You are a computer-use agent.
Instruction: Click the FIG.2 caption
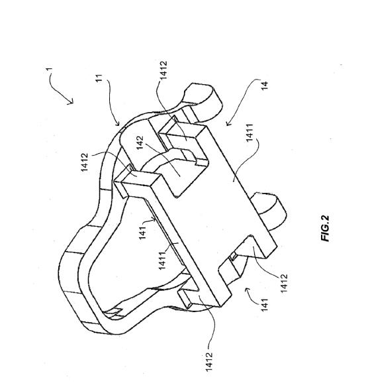coord(325,229)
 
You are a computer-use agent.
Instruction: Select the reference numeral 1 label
coord(49,70)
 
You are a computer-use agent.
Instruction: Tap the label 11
coord(99,79)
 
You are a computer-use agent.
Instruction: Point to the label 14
coord(265,85)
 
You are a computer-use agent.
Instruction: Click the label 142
coord(140,142)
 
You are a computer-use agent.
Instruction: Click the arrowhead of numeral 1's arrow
coord(71,101)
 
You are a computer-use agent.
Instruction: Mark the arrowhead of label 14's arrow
coord(228,123)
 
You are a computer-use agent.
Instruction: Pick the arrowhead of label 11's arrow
coord(118,123)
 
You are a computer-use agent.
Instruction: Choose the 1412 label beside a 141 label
coord(284,283)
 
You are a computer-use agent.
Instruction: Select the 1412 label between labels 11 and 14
coord(163,70)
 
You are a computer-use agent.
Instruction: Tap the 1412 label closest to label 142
coord(85,162)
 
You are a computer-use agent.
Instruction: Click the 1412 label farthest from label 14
coord(209,361)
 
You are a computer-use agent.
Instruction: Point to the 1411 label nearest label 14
coord(250,133)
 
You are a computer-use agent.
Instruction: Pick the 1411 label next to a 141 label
coord(162,260)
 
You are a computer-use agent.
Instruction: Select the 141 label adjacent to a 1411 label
coord(142,233)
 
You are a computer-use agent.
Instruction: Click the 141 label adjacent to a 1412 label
coord(264,304)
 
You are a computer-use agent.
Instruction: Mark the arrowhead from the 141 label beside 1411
coord(154,220)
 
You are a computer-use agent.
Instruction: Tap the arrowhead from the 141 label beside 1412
coord(248,290)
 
